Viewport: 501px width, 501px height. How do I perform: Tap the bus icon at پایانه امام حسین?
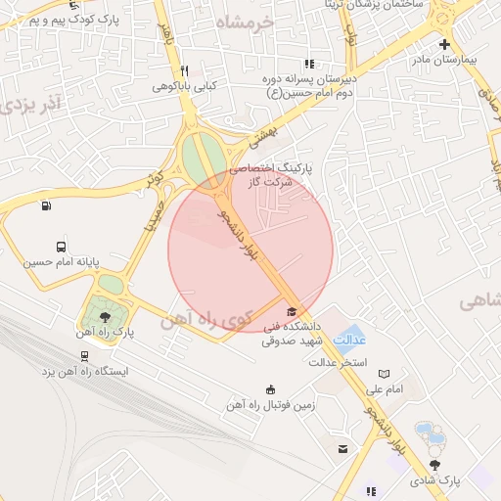[x=62, y=247]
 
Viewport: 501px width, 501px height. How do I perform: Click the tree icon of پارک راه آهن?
[x=105, y=316]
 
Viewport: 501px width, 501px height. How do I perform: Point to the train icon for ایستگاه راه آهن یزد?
[x=85, y=356]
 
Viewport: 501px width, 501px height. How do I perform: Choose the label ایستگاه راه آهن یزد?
[x=86, y=372]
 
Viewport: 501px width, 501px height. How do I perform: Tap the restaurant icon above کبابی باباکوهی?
[x=183, y=70]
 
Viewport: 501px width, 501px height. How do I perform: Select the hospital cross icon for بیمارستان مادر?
[x=444, y=44]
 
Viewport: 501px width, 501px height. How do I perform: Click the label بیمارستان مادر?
[x=453, y=60]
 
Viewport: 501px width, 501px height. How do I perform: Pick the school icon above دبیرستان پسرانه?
[x=310, y=64]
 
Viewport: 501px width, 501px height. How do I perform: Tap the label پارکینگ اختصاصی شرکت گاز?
[x=278, y=174]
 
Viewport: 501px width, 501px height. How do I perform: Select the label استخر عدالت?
[x=339, y=363]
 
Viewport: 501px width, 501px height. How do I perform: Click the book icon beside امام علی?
[x=384, y=373]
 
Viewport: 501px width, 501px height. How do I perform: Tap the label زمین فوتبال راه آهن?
[x=270, y=404]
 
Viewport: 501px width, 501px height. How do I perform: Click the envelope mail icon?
[x=342, y=448]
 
